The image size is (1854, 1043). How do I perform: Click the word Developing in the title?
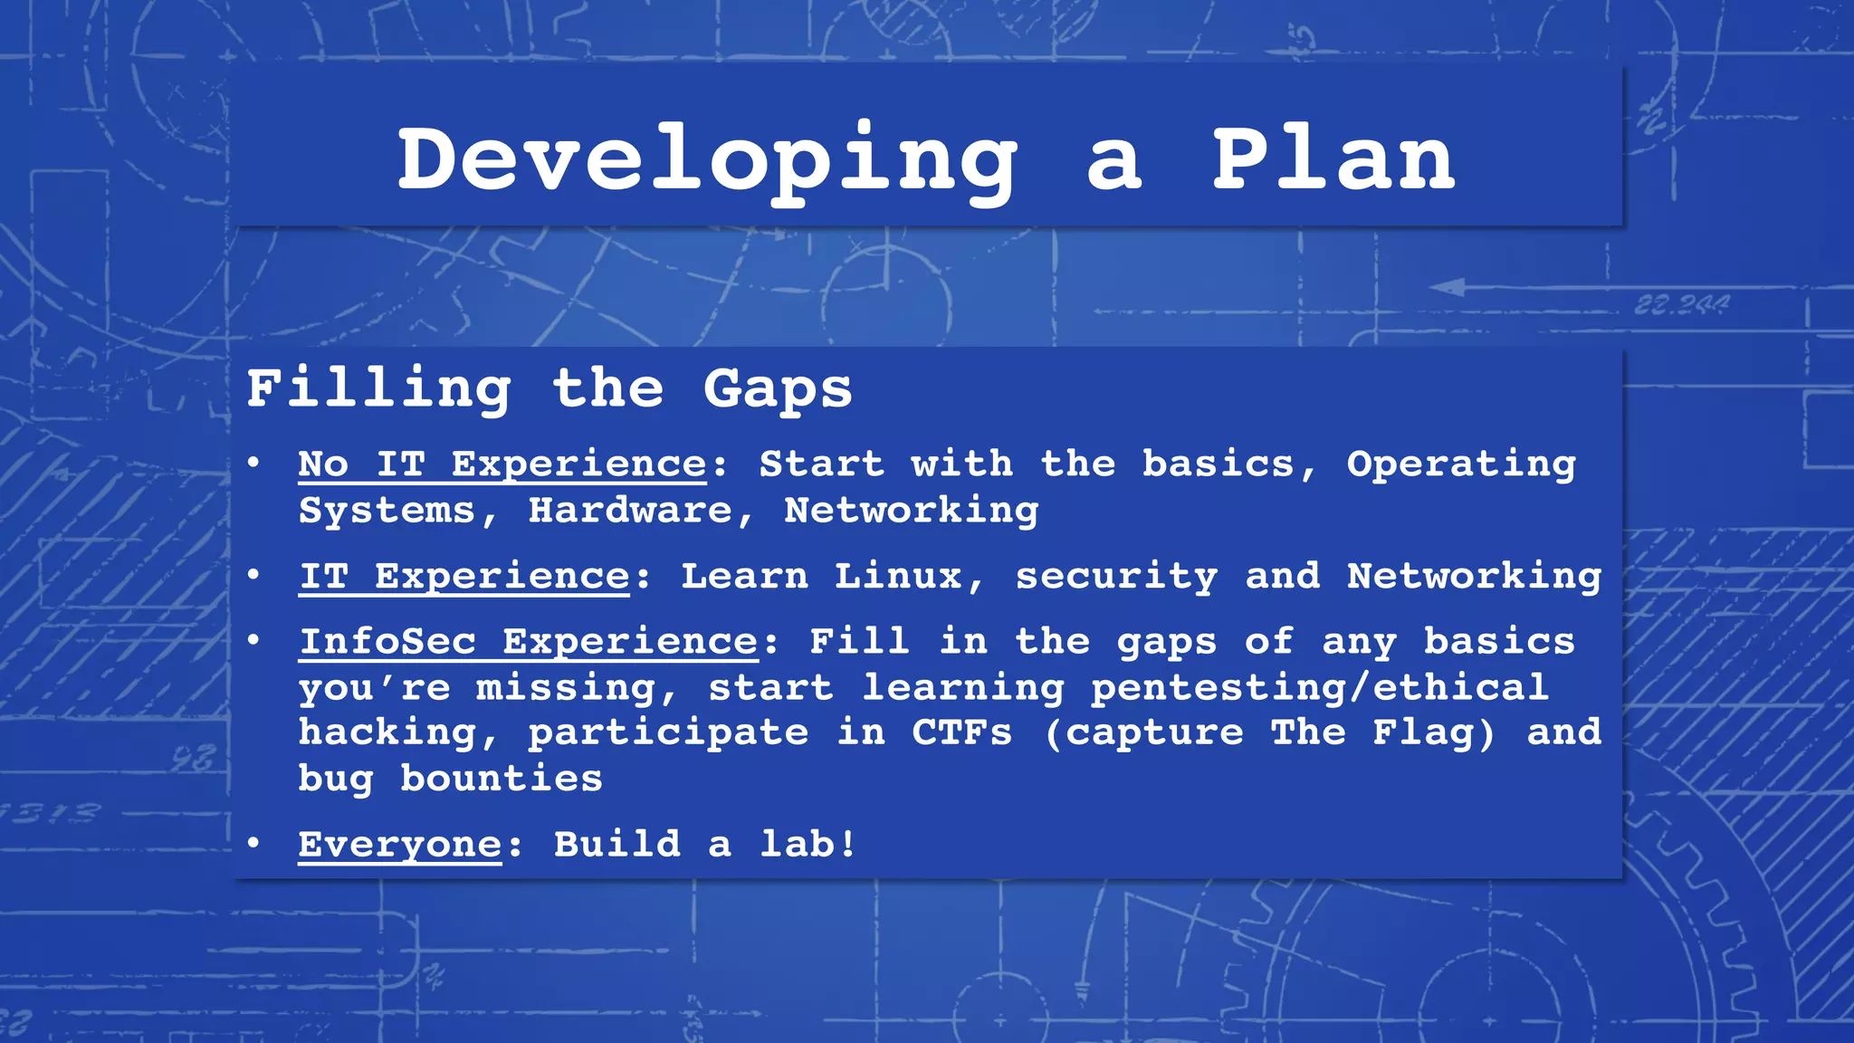(708, 161)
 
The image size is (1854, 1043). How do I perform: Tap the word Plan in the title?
(1333, 159)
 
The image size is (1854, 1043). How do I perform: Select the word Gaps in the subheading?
(778, 389)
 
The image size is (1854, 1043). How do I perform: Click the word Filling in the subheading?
(378, 389)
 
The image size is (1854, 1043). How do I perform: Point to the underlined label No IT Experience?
(502, 464)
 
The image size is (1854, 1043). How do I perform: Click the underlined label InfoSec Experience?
(529, 642)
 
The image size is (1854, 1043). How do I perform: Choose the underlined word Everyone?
(399, 845)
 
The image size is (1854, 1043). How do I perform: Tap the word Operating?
(1461, 464)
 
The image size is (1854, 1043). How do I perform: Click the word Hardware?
(630, 511)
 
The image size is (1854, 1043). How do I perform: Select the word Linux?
(898, 577)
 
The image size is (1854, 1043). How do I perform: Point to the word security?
(1116, 577)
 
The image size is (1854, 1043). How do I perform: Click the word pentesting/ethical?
(1320, 688)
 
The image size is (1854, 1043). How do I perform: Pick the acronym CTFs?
(961, 732)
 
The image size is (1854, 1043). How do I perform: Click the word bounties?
(502, 779)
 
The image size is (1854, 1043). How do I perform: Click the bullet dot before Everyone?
(254, 844)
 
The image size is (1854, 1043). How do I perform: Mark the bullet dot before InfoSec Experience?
(254, 641)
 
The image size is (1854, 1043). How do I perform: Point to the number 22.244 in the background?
(1681, 305)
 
